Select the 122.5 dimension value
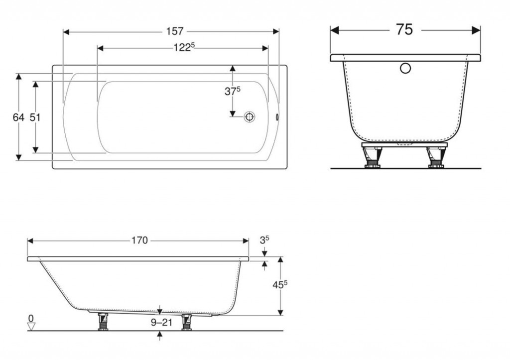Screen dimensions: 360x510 click(x=183, y=48)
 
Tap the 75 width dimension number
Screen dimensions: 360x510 click(x=404, y=30)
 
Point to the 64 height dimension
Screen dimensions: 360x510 click(x=18, y=117)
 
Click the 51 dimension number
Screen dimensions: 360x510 click(x=35, y=117)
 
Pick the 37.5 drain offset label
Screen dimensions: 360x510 click(x=232, y=91)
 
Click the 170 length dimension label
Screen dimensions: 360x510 click(x=139, y=240)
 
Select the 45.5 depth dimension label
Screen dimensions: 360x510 click(x=280, y=285)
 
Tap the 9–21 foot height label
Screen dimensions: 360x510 click(x=160, y=323)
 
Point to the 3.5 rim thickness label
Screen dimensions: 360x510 click(x=264, y=240)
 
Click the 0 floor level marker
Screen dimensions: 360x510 click(x=31, y=318)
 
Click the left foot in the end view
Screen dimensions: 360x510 click(x=372, y=157)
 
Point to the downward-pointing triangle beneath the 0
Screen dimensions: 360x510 click(x=31, y=327)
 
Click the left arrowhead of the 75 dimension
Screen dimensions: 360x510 click(x=335, y=30)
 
